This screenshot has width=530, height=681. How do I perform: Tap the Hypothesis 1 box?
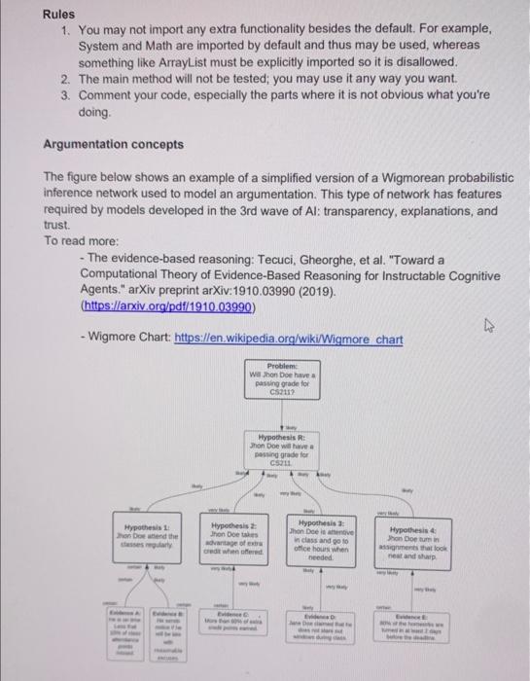(145, 535)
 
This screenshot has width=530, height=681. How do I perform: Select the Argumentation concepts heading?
(113, 144)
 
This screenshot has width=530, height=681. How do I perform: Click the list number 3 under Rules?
(64, 95)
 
